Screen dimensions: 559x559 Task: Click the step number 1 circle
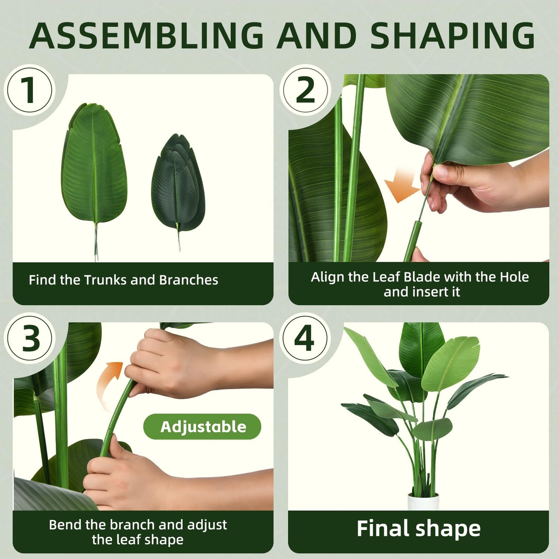(x=30, y=90)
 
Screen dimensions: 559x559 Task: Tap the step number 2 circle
(x=305, y=90)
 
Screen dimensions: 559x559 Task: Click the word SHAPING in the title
(x=452, y=36)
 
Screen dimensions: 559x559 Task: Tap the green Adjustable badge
(x=202, y=427)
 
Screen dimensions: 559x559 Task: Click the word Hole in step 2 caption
(x=514, y=277)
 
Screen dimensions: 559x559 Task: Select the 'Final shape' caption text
(x=418, y=528)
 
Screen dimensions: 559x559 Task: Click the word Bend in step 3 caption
(x=65, y=525)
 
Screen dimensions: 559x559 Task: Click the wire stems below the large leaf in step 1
(x=96, y=244)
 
